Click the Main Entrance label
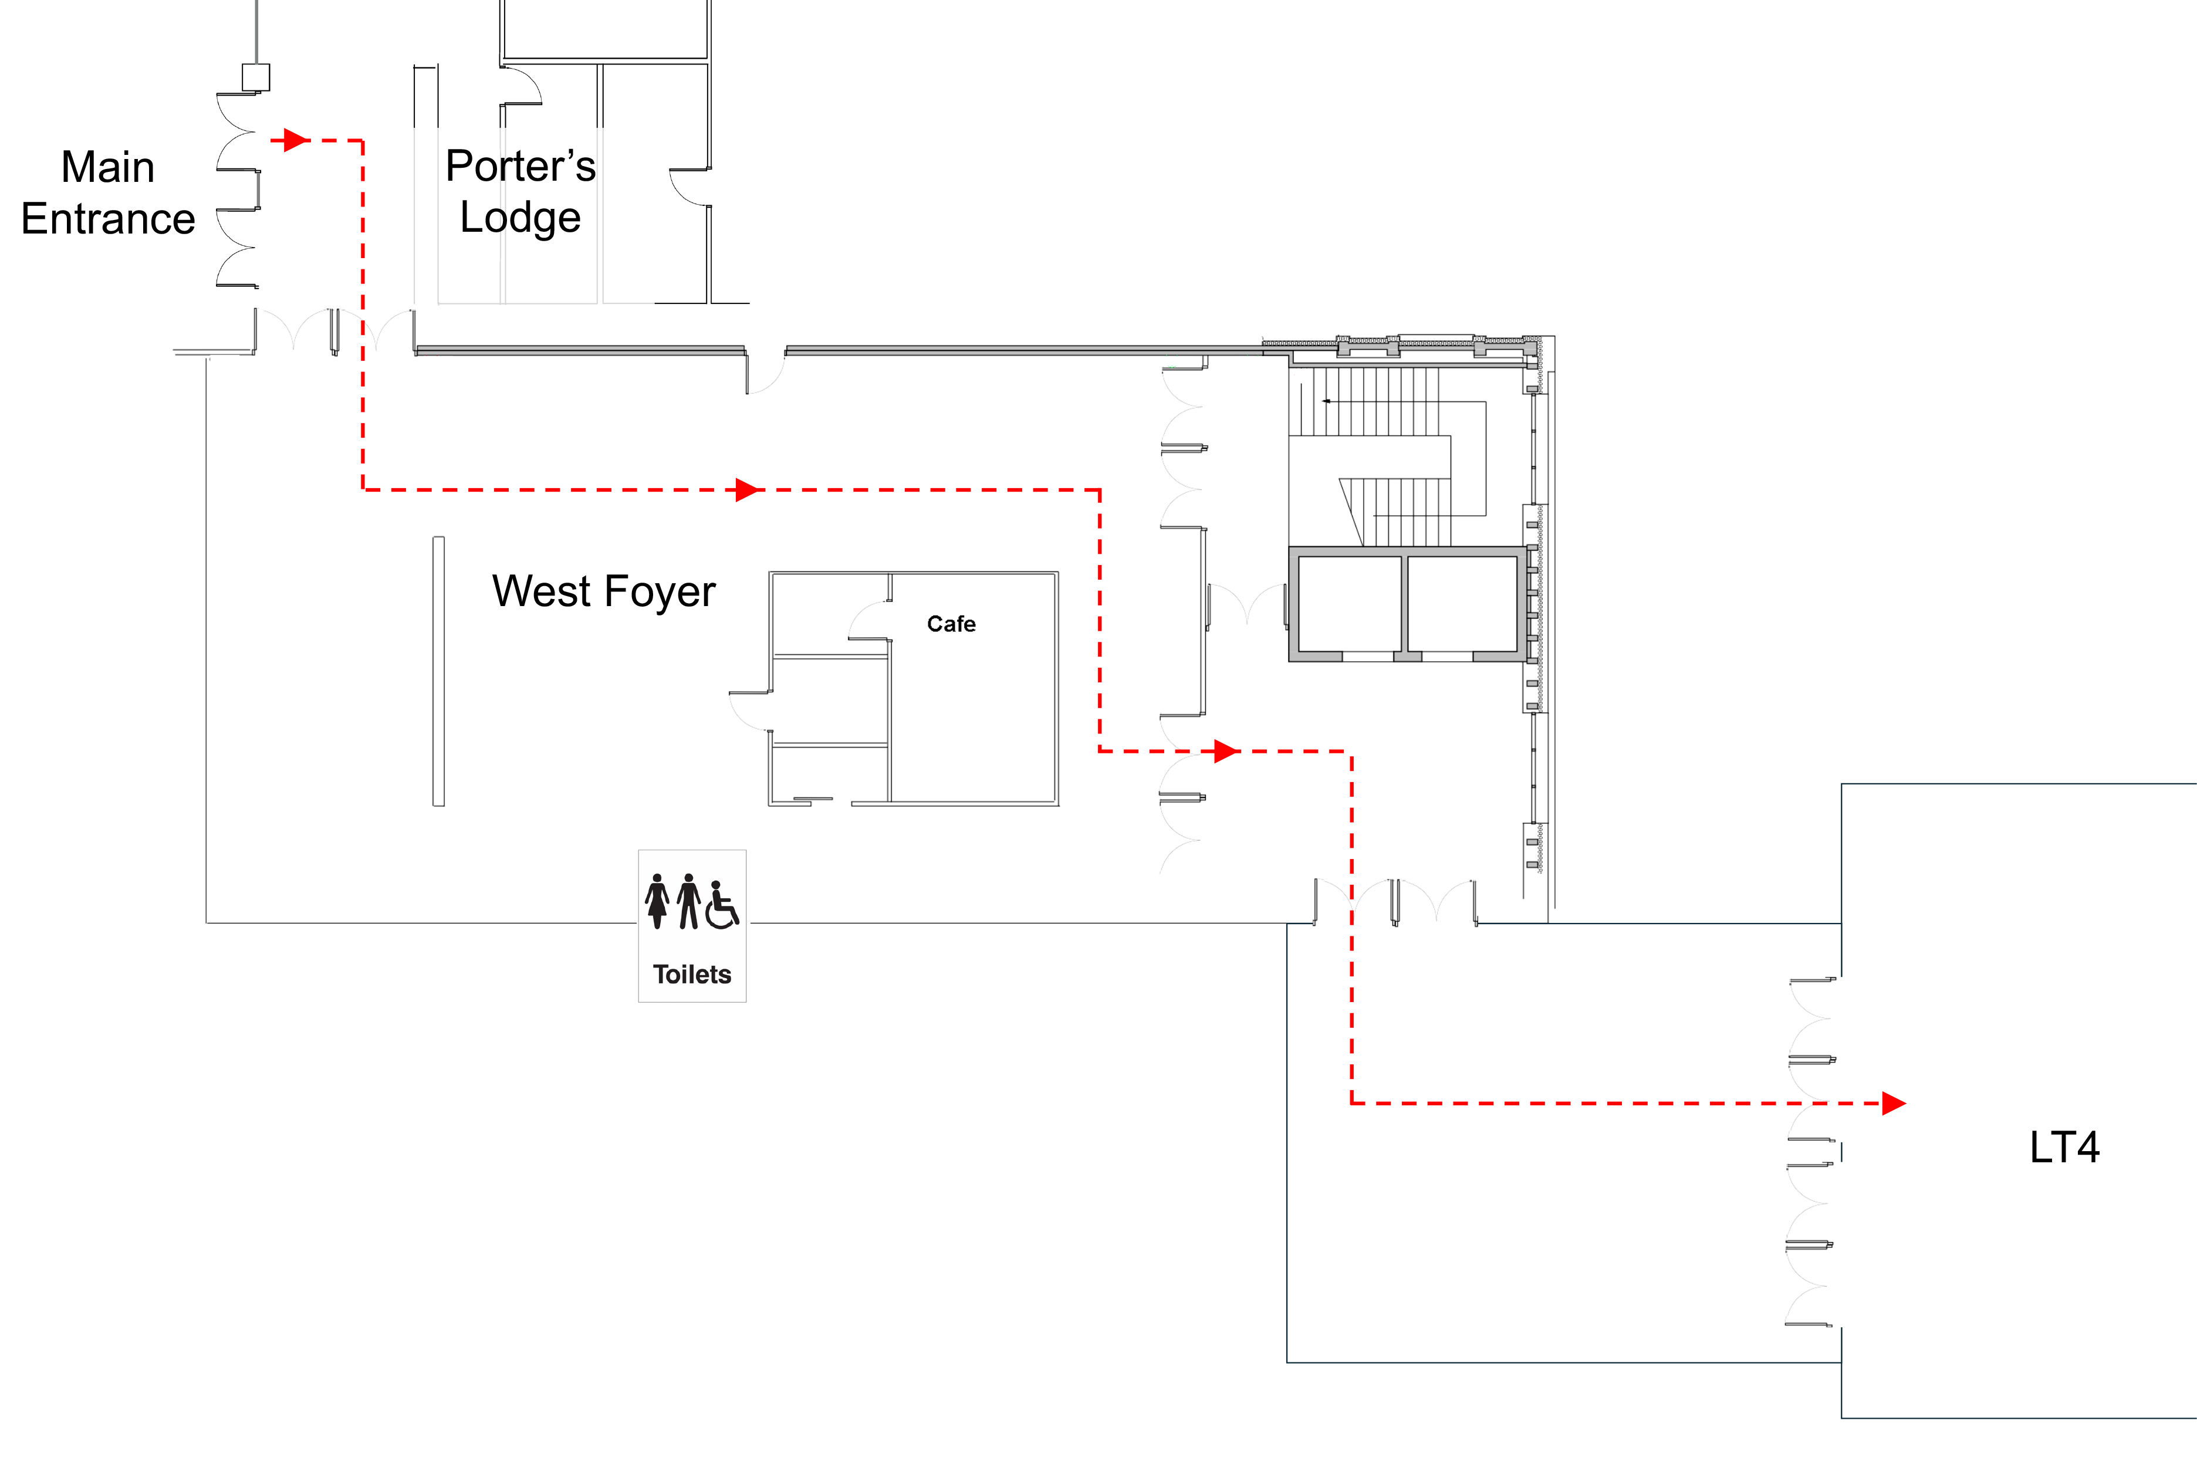point(108,192)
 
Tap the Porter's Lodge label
point(520,191)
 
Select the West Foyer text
point(603,591)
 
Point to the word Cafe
point(951,624)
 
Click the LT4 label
point(2064,1148)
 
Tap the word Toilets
point(692,975)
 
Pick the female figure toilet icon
point(657,901)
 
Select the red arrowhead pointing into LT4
point(1894,1104)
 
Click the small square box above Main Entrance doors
point(256,77)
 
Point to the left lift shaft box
point(1349,604)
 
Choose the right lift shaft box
point(1462,604)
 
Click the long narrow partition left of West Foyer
point(438,671)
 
